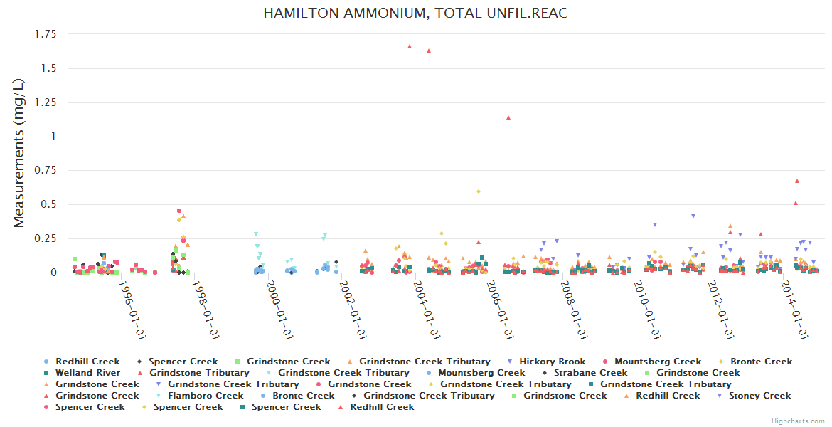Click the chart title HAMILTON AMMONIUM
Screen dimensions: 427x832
click(x=415, y=14)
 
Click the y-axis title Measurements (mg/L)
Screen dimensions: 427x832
click(x=19, y=152)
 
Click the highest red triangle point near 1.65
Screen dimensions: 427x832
click(x=410, y=47)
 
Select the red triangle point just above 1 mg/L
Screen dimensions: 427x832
click(x=508, y=117)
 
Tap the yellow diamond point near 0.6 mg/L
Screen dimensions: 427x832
click(x=479, y=191)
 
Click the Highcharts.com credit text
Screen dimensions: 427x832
click(x=799, y=421)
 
